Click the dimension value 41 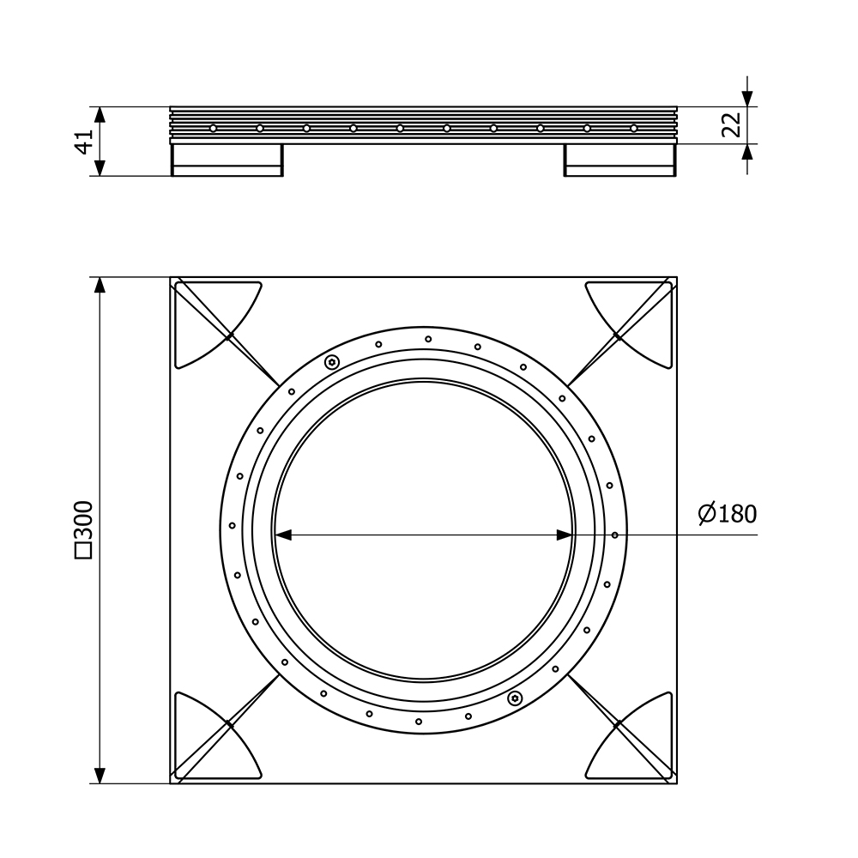pos(83,142)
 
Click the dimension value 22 pos(731,124)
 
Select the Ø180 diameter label pos(728,514)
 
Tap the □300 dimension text pos(84,529)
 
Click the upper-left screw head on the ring pos(331,362)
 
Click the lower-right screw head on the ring pos(515,698)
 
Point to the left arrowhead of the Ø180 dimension pos(282,535)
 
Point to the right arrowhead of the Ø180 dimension pos(565,535)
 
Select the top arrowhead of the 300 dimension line pos(100,286)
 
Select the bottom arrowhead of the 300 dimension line pos(100,775)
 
